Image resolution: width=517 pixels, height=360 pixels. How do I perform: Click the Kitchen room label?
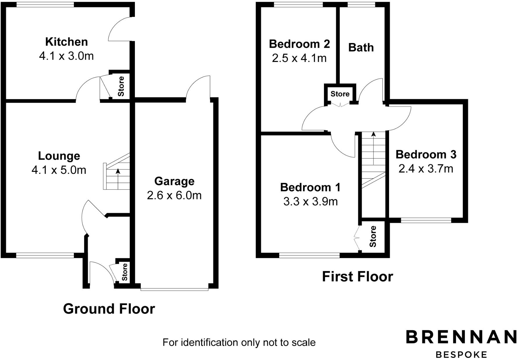pos(66,42)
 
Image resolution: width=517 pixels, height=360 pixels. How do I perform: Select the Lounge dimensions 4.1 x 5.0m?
pos(59,170)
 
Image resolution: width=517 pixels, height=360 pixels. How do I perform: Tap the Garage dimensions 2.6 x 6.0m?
pos(174,195)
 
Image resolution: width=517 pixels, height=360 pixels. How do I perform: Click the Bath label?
pos(361,47)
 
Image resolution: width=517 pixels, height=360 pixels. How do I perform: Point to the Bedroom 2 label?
pos(299,44)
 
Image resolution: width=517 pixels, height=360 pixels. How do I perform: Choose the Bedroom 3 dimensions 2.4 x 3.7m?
pos(426,169)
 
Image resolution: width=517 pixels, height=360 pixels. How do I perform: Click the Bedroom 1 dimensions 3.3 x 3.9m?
pos(310,201)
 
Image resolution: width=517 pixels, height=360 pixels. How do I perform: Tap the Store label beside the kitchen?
pos(121,86)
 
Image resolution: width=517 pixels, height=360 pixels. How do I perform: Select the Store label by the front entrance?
pos(124,272)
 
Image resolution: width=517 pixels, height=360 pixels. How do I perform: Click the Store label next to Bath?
pos(340,94)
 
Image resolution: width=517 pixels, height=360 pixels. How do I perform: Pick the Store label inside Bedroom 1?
pos(373,236)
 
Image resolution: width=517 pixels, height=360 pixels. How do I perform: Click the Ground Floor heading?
pos(109,309)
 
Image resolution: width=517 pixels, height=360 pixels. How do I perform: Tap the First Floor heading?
pos(357,276)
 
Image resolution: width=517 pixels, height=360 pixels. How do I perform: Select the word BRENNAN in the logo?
pos(461,337)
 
